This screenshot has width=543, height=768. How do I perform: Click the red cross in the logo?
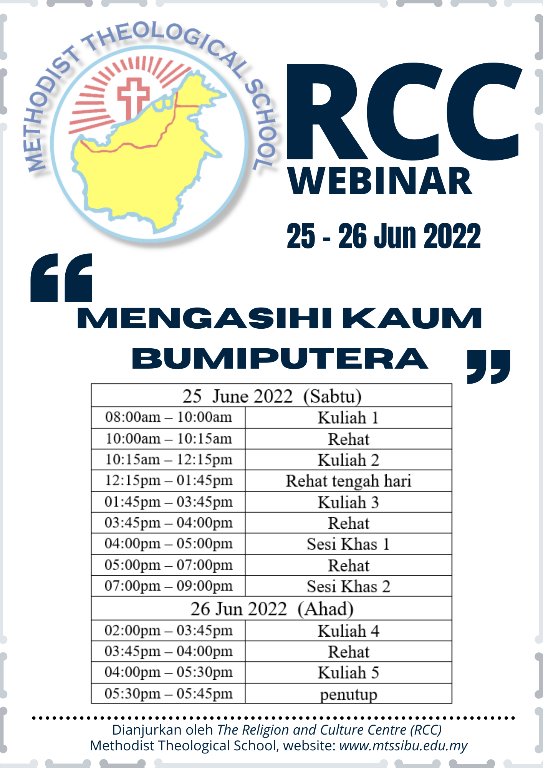[x=133, y=99]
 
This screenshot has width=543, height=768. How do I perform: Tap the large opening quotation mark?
[x=61, y=277]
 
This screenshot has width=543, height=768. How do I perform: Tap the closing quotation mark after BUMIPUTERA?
[x=488, y=367]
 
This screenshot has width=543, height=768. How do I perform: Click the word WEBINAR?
[x=380, y=181]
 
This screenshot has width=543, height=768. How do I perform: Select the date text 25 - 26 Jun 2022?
[x=384, y=236]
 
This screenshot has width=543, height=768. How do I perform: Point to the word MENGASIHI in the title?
[x=205, y=318]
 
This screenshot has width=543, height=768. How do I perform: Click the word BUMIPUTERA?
[x=280, y=359]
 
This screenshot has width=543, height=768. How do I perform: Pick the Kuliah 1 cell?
[x=348, y=418]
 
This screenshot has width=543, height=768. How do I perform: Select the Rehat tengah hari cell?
[x=348, y=481]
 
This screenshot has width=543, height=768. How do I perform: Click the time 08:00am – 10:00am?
[x=169, y=417]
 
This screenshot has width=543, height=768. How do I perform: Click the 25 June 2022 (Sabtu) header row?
[x=271, y=396]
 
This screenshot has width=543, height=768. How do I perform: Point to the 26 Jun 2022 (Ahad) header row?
[x=271, y=609]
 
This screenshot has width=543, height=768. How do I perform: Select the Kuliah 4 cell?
[x=348, y=631]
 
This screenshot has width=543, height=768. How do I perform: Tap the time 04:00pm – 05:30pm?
[x=169, y=672]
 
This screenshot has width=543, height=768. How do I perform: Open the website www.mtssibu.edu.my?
[x=403, y=746]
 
